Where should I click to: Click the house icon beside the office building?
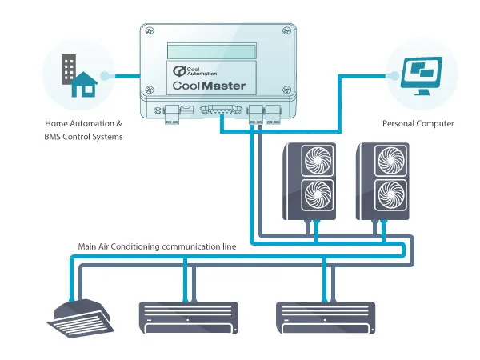tap(83, 83)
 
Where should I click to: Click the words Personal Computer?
tap(418, 124)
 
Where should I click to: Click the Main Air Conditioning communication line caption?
tap(157, 247)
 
